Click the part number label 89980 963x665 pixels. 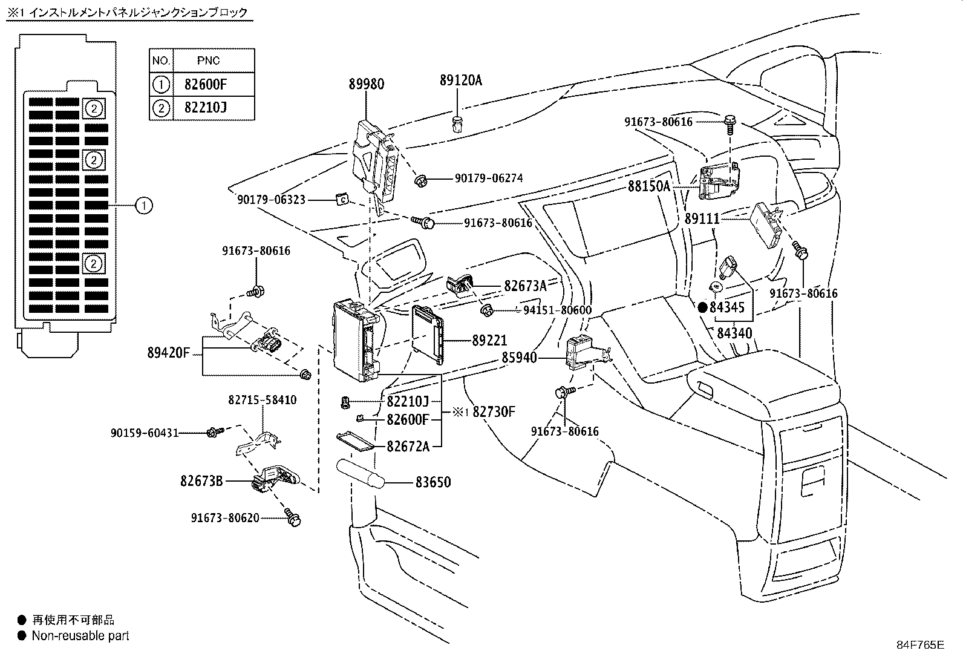point(366,84)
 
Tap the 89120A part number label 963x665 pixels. point(461,80)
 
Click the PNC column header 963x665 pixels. point(209,61)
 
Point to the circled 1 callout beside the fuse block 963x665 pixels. point(143,206)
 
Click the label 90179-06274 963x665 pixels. point(489,179)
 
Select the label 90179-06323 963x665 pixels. point(271,199)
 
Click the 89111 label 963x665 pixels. point(702,218)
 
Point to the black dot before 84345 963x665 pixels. point(702,307)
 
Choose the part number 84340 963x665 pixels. point(734,333)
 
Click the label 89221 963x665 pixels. point(489,341)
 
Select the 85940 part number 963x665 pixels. point(519,358)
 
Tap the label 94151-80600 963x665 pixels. point(557,310)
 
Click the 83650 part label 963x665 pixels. point(433,482)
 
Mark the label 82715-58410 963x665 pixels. point(263,400)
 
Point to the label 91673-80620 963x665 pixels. point(225,517)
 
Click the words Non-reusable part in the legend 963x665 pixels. point(80,636)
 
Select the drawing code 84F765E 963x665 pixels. point(919,644)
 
